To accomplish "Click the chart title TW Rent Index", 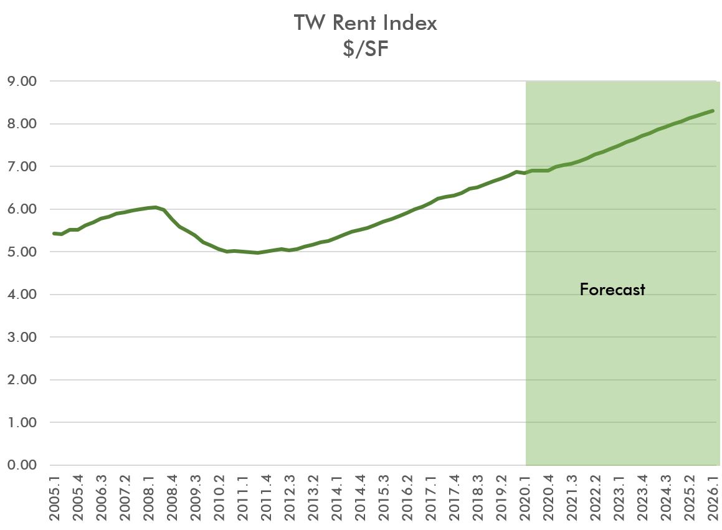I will pyautogui.click(x=366, y=23).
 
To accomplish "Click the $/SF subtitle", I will pyautogui.click(x=366, y=48).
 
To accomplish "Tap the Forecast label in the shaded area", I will pyautogui.click(x=612, y=290).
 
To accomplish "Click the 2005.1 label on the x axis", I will pyautogui.click(x=55, y=498).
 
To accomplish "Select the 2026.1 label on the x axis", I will pyautogui.click(x=713, y=498).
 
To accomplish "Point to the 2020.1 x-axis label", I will pyautogui.click(x=525, y=498).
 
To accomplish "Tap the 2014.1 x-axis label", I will pyautogui.click(x=337, y=498).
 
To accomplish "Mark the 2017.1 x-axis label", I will pyautogui.click(x=431, y=498).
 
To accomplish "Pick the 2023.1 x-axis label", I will pyautogui.click(x=619, y=498).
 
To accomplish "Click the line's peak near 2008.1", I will pyautogui.click(x=155, y=207).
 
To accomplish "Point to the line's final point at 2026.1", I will pyautogui.click(x=713, y=111).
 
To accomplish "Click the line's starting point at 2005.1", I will pyautogui.click(x=54, y=234).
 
